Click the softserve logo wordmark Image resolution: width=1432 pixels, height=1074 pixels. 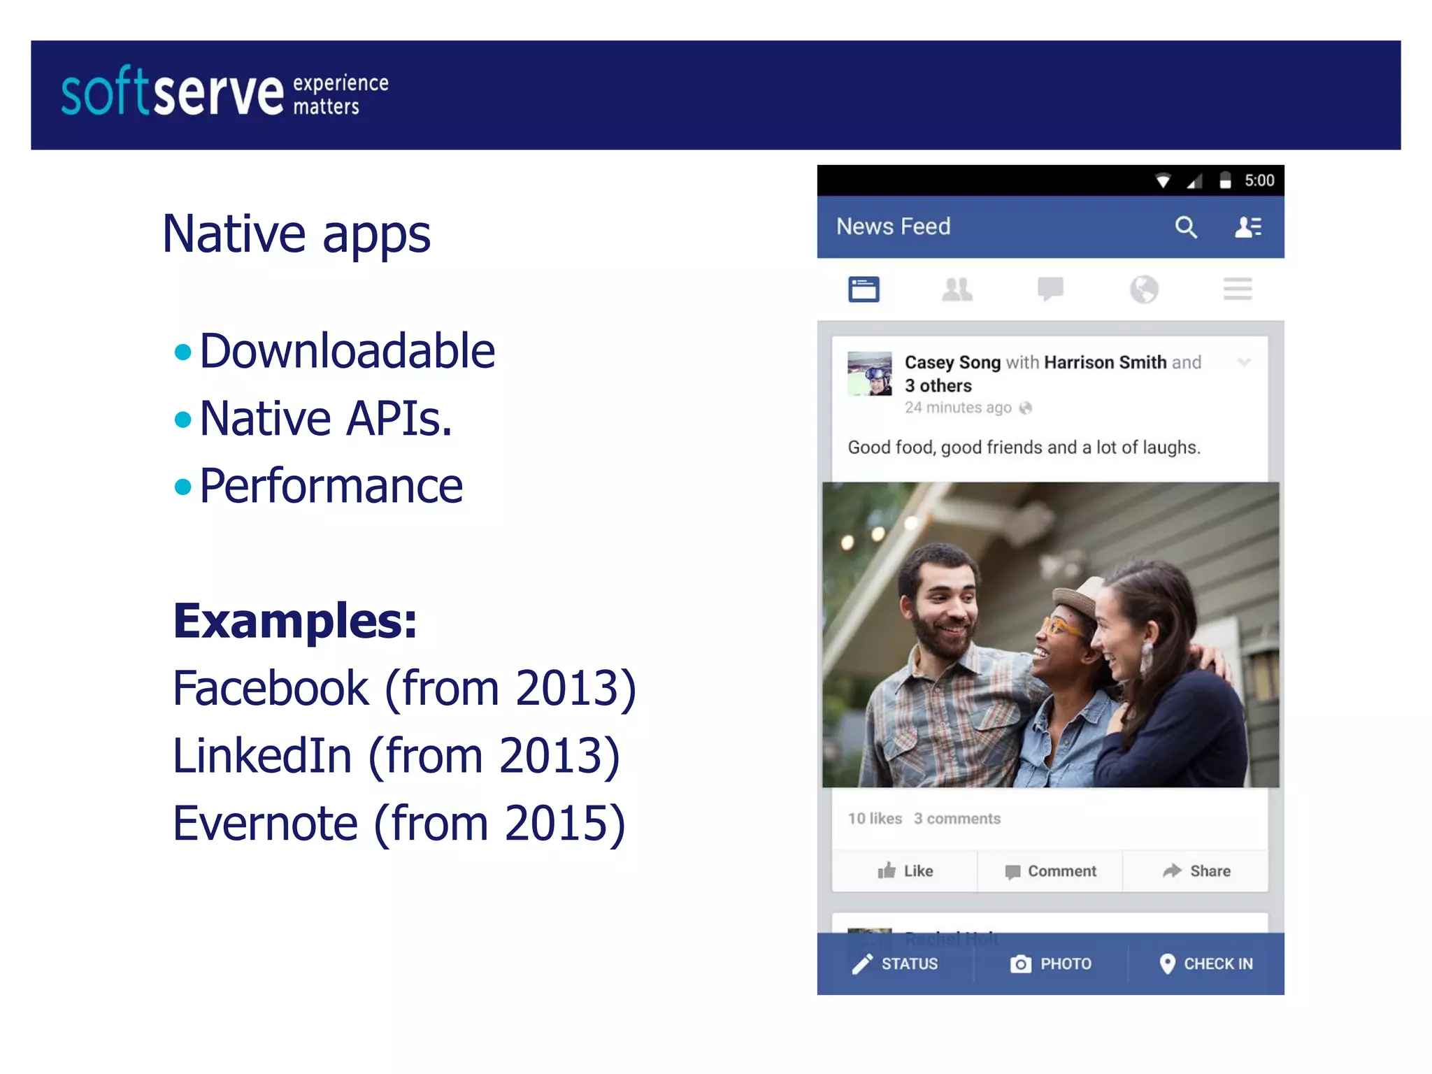coord(172,93)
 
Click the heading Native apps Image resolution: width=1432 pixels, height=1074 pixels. coord(296,234)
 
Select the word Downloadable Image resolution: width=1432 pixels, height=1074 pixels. coord(347,351)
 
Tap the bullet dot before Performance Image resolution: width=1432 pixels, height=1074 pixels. coord(182,487)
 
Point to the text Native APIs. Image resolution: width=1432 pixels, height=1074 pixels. coord(326,419)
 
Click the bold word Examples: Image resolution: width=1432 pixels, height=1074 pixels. coord(294,621)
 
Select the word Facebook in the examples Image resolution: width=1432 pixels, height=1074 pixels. coord(271,689)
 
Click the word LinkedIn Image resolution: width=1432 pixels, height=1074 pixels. coord(262,757)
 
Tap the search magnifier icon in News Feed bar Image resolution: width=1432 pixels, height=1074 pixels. coord(1185,227)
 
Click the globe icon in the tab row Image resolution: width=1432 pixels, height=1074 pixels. coord(1144,289)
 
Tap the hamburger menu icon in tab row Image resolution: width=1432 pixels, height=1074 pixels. coord(1237,289)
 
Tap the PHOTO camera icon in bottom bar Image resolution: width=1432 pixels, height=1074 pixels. coord(1020,964)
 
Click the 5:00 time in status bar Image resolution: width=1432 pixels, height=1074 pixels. coord(1259,181)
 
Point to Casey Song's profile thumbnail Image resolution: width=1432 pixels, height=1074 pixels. coord(869,373)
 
